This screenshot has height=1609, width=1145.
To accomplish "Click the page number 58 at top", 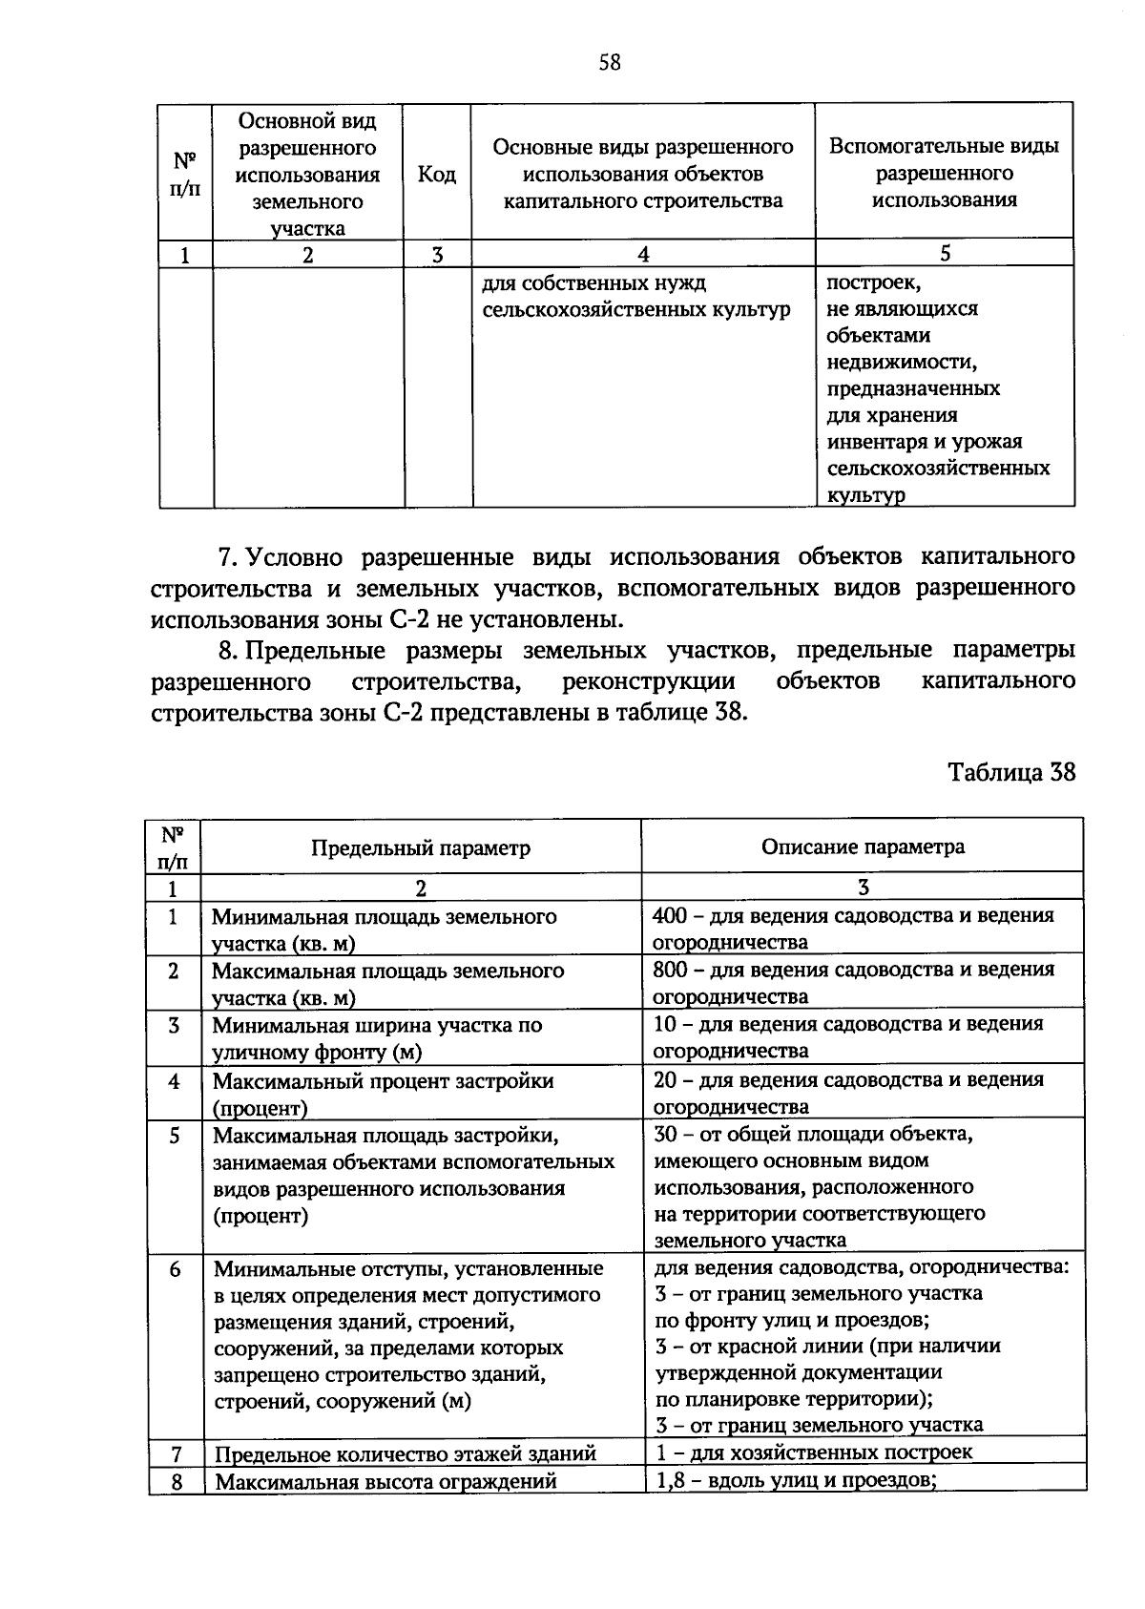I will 609,63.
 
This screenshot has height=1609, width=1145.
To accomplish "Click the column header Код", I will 436,175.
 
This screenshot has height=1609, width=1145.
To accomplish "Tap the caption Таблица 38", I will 1011,771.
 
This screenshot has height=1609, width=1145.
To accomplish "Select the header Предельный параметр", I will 421,847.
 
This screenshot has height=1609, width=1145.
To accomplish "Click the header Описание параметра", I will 863,846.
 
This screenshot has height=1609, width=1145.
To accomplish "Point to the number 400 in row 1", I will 669,915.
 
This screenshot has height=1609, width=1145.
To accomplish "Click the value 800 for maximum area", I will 669,970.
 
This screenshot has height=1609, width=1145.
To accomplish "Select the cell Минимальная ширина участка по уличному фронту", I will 377,1038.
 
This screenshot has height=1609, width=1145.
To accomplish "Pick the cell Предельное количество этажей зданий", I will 406,1453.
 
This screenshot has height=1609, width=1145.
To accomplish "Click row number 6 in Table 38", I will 175,1270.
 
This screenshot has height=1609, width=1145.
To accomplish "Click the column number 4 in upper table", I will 643,254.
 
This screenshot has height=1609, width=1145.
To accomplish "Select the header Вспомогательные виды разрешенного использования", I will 944,173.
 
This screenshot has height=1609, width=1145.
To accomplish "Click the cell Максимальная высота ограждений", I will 385,1481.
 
